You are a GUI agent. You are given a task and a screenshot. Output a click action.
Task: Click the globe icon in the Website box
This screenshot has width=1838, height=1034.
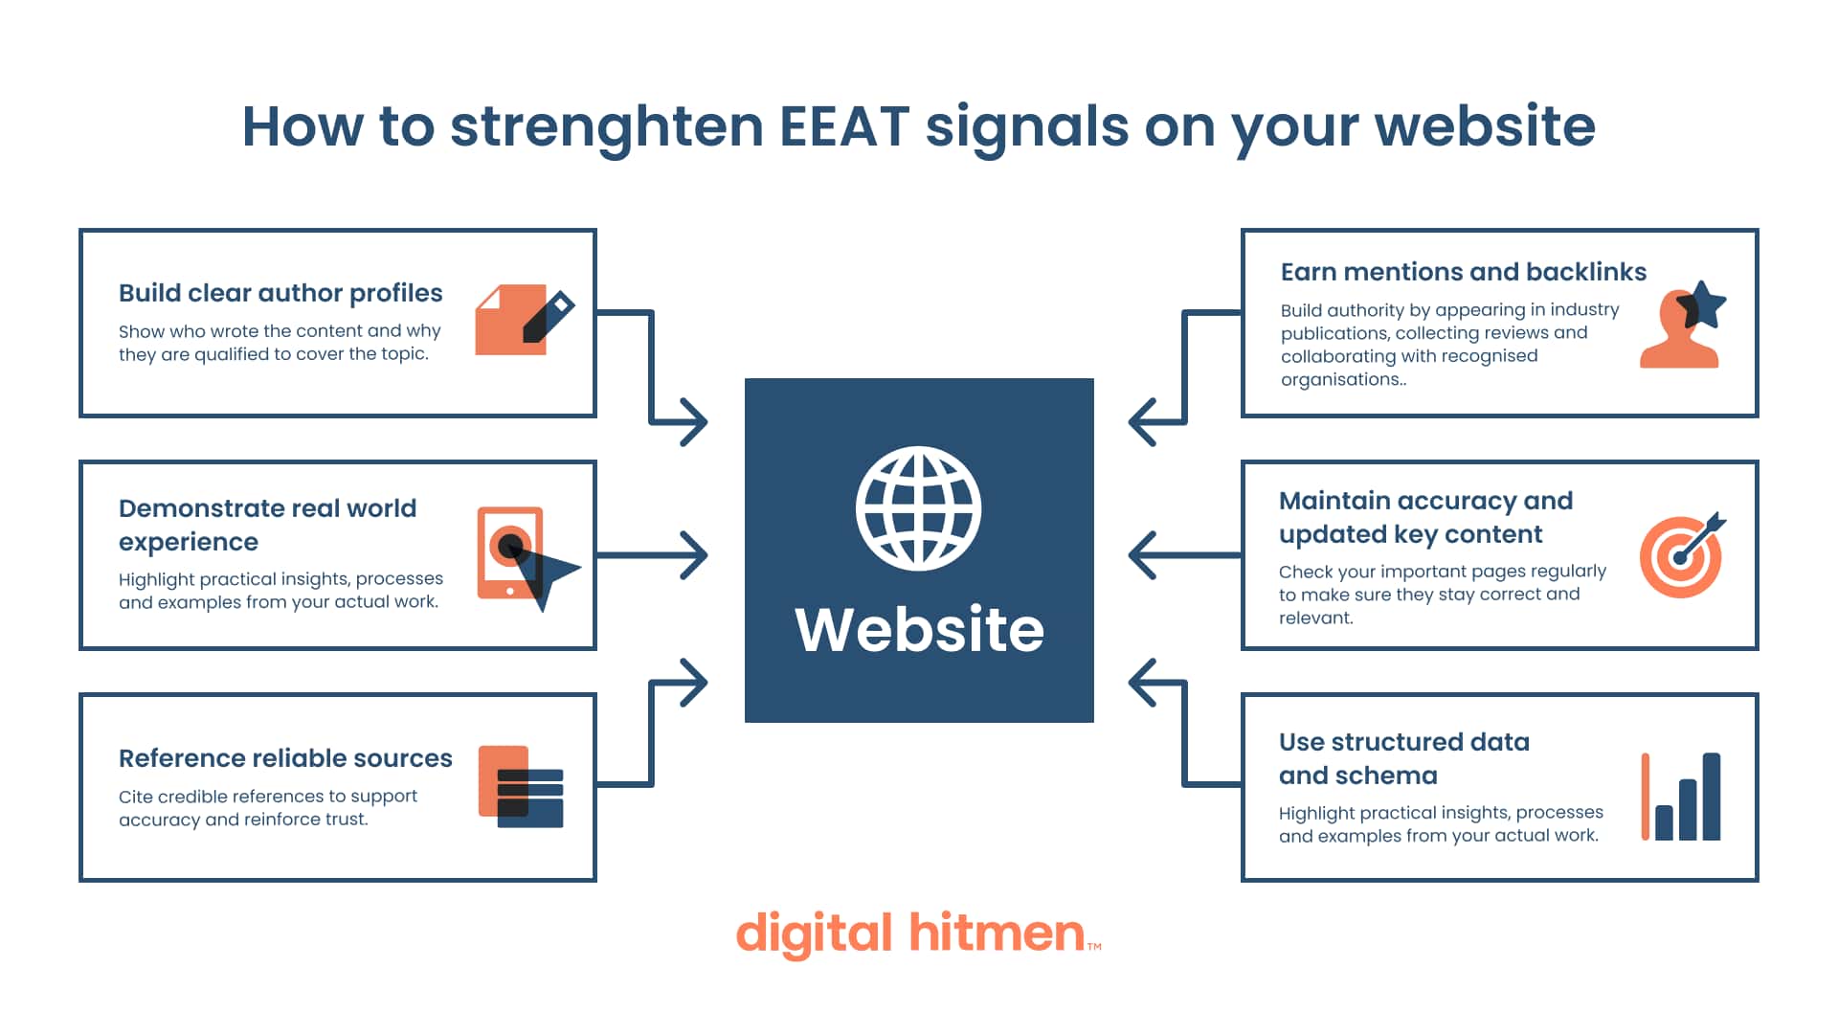(x=918, y=508)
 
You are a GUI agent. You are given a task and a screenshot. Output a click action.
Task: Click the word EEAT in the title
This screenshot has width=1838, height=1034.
(x=843, y=126)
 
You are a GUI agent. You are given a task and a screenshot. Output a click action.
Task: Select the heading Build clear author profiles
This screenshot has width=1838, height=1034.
(x=280, y=293)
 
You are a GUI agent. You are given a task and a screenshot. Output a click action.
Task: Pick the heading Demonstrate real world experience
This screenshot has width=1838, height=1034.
(x=267, y=525)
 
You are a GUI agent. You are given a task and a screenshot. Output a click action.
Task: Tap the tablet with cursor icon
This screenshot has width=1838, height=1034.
(x=525, y=556)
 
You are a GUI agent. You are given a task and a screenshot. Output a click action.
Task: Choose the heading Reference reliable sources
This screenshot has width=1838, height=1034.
(x=285, y=758)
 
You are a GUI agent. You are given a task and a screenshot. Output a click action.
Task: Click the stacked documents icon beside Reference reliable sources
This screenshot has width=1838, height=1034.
(x=521, y=786)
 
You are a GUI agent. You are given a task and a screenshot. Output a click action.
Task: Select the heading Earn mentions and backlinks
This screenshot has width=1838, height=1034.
(x=1463, y=272)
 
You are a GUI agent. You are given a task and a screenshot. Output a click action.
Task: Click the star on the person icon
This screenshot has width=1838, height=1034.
(x=1703, y=304)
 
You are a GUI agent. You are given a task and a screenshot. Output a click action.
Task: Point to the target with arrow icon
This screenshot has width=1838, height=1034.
(x=1682, y=555)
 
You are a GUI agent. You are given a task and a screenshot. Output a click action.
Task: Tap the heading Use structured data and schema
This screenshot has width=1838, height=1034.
(x=1403, y=758)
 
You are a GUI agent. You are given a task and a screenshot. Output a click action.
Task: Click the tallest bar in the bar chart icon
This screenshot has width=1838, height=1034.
(x=1712, y=797)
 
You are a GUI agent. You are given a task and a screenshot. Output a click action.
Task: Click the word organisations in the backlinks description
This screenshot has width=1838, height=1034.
(x=1342, y=379)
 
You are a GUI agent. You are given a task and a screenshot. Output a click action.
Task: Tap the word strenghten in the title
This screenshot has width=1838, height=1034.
(x=606, y=126)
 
